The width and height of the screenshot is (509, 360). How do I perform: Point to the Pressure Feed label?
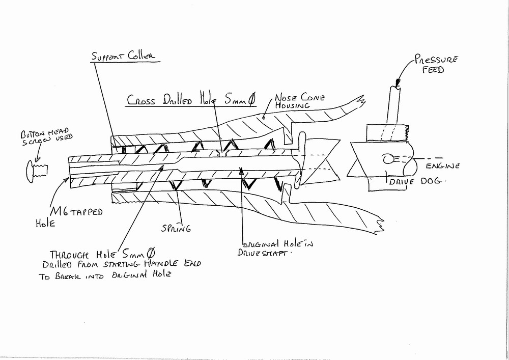436,64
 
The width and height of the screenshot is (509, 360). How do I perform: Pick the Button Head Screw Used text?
46,136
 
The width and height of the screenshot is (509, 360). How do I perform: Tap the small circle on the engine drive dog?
388,159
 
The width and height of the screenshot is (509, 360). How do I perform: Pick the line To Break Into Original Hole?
104,276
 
